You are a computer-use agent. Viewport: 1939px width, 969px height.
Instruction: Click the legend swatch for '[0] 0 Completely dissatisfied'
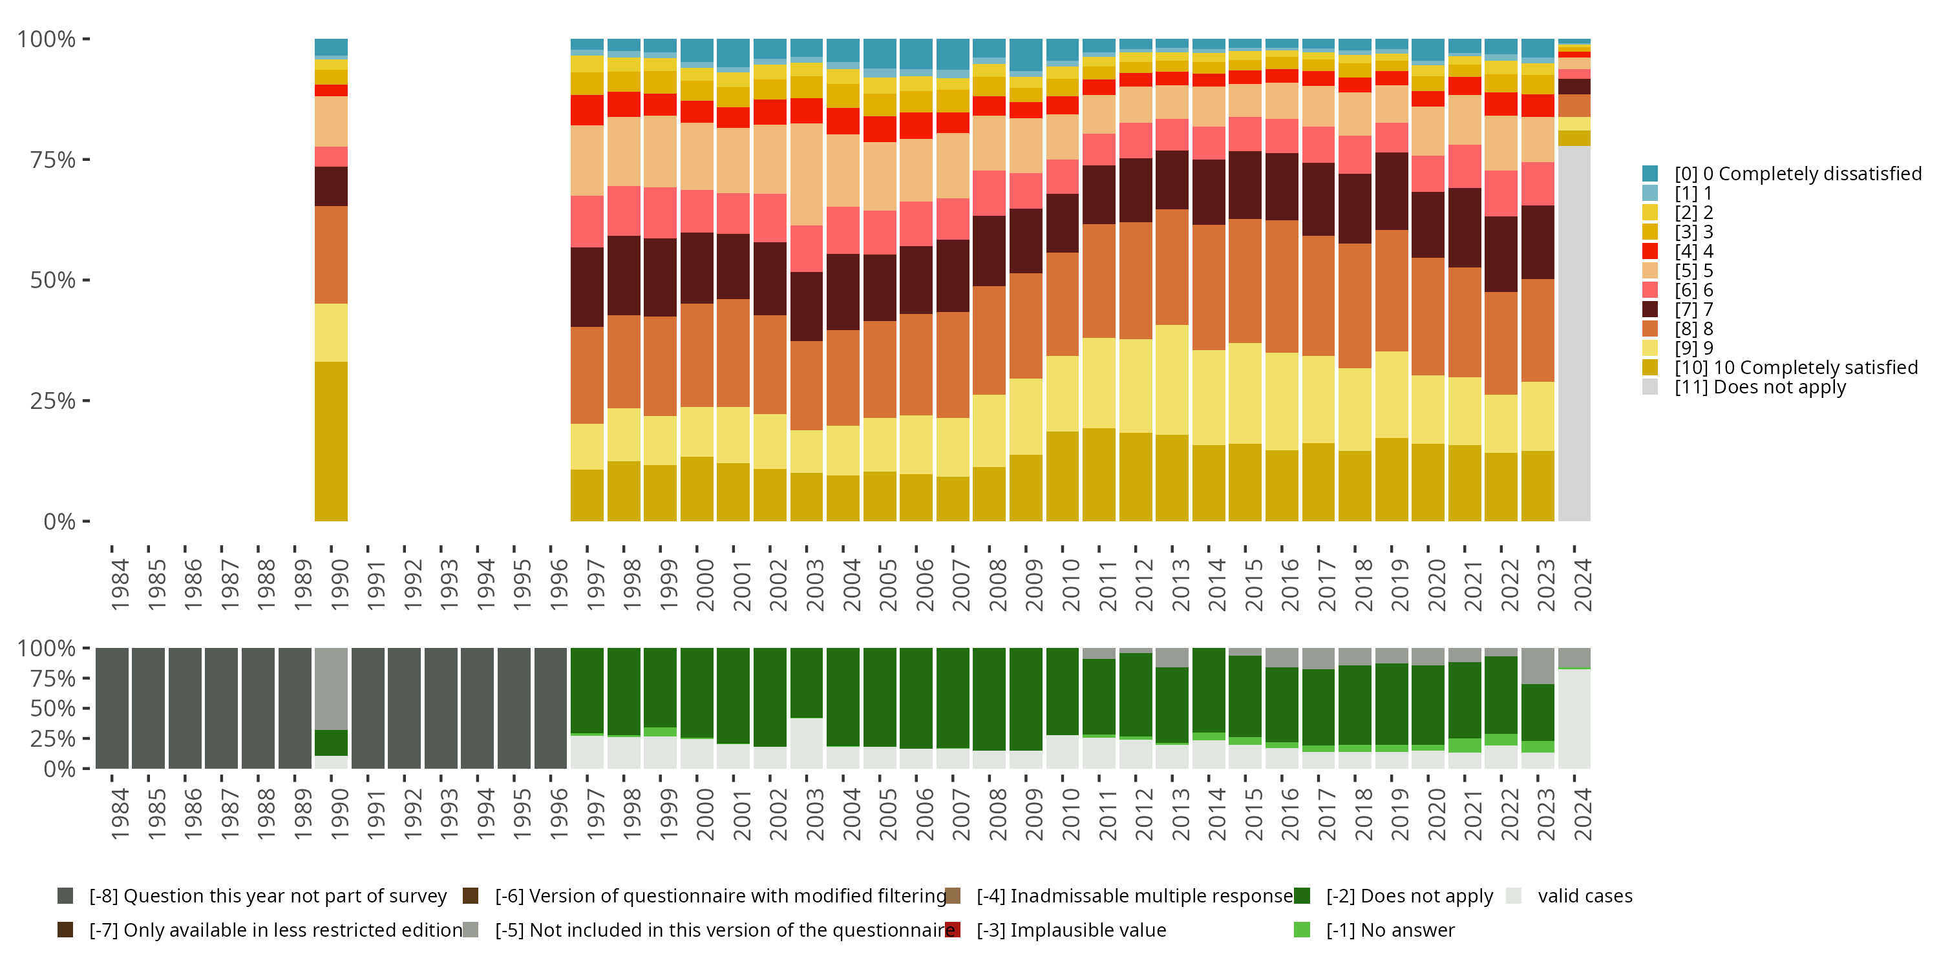[1649, 174]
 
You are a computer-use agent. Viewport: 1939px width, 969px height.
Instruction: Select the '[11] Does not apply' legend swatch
[1649, 387]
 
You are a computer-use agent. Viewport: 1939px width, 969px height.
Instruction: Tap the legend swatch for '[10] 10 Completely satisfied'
[1649, 367]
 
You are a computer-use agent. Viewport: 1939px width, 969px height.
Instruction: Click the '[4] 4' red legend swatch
[1649, 251]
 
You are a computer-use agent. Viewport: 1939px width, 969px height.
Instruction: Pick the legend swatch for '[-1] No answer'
[1302, 930]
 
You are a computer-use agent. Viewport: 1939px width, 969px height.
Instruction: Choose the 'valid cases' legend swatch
[1514, 895]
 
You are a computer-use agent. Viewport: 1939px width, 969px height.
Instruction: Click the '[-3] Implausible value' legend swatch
[952, 930]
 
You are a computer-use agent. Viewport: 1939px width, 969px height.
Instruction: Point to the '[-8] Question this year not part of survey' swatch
[65, 895]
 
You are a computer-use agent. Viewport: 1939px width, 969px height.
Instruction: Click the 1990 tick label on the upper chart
[340, 585]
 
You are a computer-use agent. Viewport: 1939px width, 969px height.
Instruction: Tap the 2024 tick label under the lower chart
[1583, 814]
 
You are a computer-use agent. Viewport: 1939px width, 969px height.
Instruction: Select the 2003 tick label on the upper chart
[815, 585]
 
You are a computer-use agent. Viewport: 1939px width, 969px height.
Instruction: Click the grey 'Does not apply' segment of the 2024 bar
[1574, 331]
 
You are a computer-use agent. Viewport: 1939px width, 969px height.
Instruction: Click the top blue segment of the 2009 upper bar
[1025, 55]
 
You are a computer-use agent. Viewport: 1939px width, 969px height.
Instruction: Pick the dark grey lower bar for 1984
[112, 708]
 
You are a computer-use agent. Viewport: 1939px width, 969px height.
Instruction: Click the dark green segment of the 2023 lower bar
[1537, 712]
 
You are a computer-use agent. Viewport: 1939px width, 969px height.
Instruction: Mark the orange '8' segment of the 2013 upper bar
[1172, 267]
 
